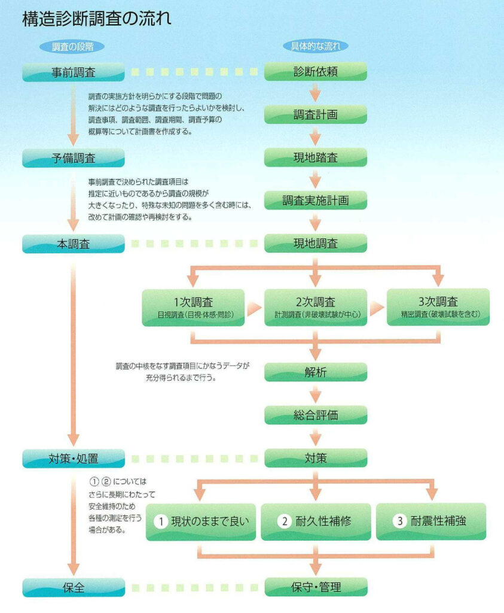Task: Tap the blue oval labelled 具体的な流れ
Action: pos(316,46)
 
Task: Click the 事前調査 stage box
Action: pos(74,72)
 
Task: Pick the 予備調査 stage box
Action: pos(74,158)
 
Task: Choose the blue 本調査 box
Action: pos(74,244)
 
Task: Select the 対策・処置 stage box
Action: pos(74,459)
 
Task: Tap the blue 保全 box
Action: pos(74,587)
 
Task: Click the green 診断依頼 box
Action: pos(316,72)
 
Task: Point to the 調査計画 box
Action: pos(316,114)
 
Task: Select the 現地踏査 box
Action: pos(316,157)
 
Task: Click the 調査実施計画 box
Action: pos(316,201)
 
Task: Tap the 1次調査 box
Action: pos(193,307)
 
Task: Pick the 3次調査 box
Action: pos(438,307)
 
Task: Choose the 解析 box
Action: pos(316,372)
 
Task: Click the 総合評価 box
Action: pos(316,415)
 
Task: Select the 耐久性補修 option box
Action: pos(316,521)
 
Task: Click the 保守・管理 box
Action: pos(316,587)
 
